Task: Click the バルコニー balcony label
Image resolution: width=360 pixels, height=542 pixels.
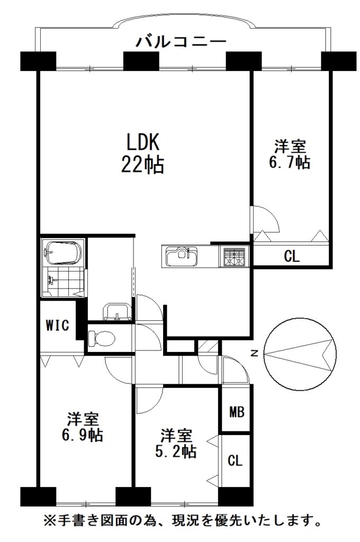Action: pyautogui.click(x=181, y=42)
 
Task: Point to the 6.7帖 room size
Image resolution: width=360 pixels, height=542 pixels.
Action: pyautogui.click(x=290, y=162)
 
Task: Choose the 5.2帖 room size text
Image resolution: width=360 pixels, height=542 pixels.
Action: pyautogui.click(x=176, y=451)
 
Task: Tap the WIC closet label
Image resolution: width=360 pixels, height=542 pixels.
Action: pyautogui.click(x=57, y=326)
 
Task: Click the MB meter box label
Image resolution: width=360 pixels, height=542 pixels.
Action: pyautogui.click(x=237, y=412)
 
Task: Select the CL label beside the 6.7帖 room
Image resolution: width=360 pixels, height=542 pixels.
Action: pyautogui.click(x=292, y=256)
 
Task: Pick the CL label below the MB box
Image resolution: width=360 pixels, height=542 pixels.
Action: pyautogui.click(x=235, y=460)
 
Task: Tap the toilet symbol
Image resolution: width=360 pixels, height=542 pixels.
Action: pyautogui.click(x=101, y=338)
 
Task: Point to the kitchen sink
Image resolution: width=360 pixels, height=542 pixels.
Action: pyautogui.click(x=182, y=256)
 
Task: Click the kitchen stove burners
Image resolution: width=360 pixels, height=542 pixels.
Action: pyautogui.click(x=234, y=257)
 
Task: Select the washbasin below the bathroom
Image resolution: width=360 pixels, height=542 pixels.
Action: pyautogui.click(x=118, y=311)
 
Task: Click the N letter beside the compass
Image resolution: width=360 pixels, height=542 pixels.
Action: pyautogui.click(x=255, y=353)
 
